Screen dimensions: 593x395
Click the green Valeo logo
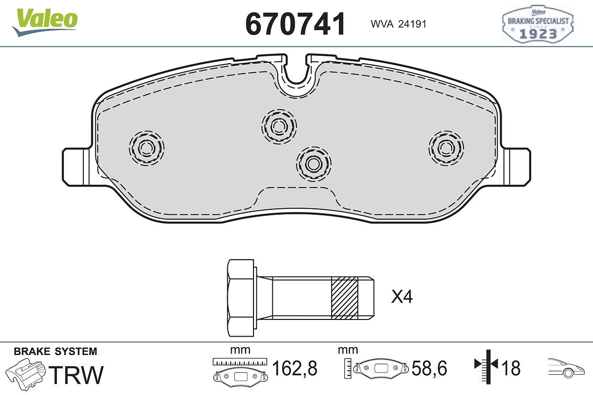[45, 22]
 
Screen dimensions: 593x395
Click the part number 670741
[295, 24]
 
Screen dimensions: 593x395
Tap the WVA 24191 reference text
[398, 24]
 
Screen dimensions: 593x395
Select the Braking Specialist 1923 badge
[538, 24]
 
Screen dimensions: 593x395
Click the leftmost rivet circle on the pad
[146, 148]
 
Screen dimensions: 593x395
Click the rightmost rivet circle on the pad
[446, 148]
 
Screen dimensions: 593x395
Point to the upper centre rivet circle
[279, 126]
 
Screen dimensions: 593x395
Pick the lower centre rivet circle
[314, 164]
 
